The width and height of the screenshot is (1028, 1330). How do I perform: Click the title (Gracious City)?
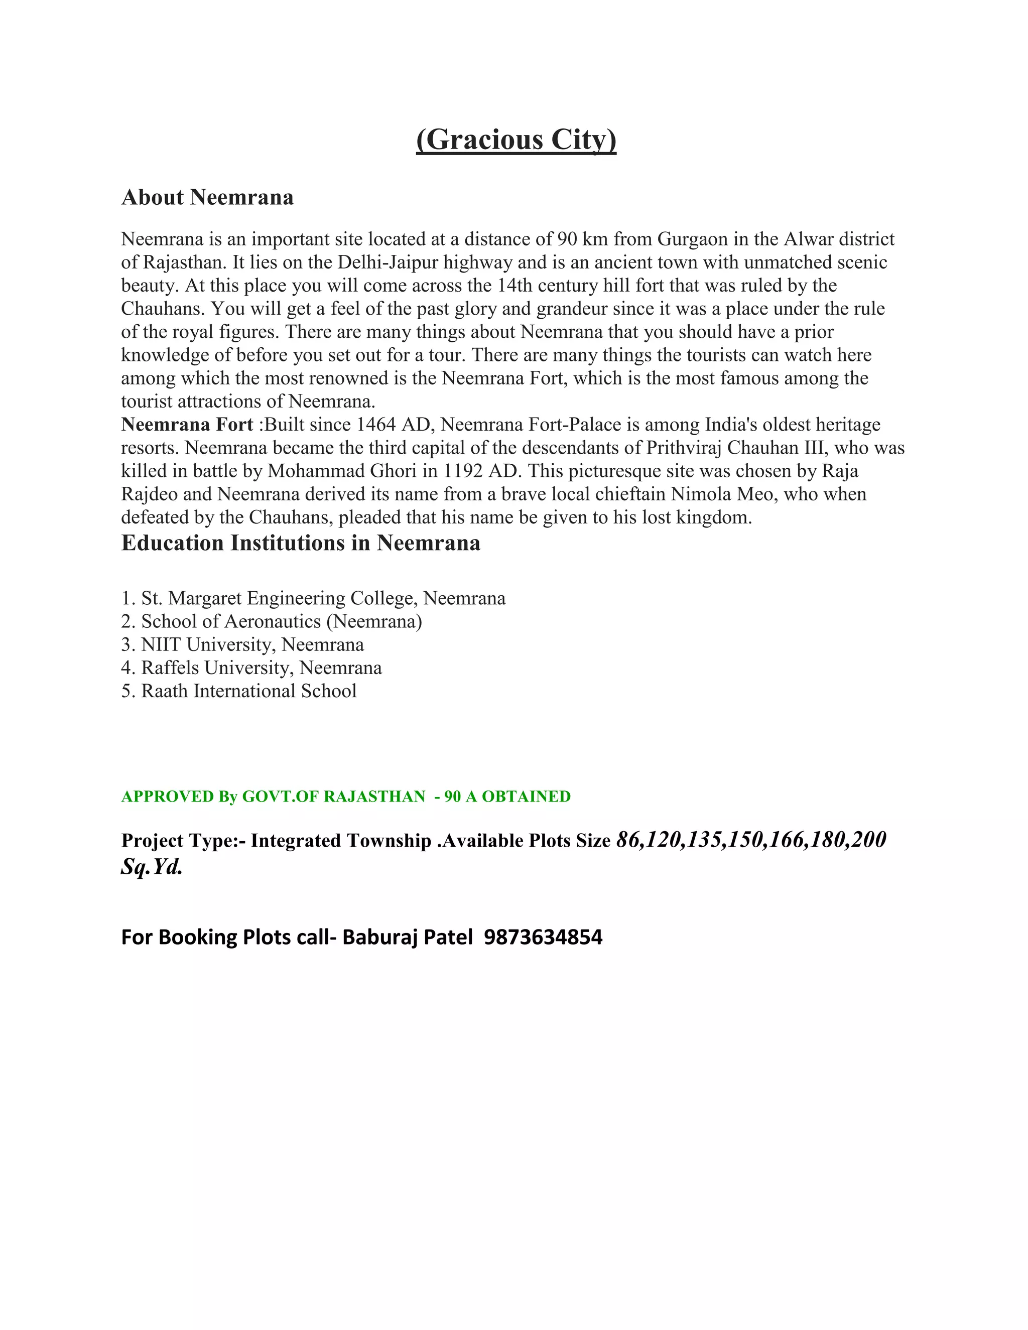tap(516, 140)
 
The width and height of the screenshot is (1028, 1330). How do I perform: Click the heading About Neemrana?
tap(207, 197)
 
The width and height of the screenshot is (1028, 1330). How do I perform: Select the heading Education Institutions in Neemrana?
tap(300, 543)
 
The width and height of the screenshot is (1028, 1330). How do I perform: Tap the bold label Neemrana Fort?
tap(187, 425)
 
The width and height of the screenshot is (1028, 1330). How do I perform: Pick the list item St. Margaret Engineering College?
tap(323, 598)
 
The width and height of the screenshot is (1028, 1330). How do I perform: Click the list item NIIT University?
tap(252, 644)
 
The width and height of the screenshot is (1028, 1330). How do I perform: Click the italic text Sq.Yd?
tap(152, 867)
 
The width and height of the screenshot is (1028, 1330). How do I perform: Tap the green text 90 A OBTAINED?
tap(507, 796)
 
